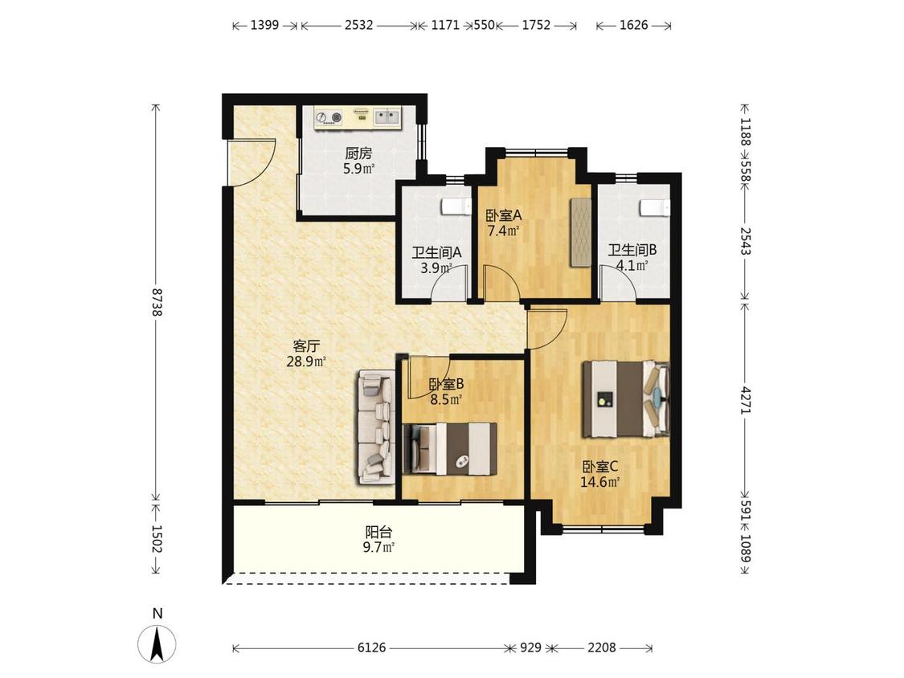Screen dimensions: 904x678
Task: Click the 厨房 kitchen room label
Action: point(358,153)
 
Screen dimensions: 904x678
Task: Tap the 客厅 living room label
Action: point(306,346)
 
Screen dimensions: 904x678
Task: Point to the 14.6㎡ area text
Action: point(599,482)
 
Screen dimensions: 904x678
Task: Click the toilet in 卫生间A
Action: point(456,206)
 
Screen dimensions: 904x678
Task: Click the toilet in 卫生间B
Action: point(655,207)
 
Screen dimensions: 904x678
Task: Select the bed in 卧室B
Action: point(450,449)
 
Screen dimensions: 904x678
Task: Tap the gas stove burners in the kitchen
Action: point(329,117)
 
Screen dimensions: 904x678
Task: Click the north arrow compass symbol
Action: point(157,643)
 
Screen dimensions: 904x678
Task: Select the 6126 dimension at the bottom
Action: point(371,647)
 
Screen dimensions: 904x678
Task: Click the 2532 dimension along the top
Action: point(358,25)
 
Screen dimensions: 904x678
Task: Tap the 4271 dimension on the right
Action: point(746,399)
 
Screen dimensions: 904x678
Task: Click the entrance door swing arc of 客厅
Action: point(260,170)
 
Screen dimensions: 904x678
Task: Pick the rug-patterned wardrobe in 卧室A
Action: point(581,232)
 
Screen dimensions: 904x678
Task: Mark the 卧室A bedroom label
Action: point(503,215)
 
